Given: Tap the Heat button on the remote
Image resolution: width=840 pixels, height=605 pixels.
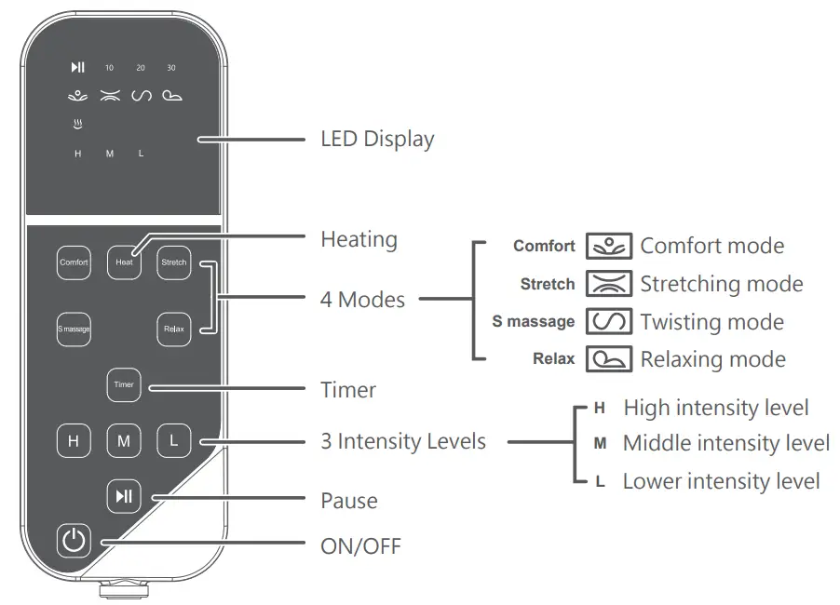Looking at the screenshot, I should pyautogui.click(x=124, y=262).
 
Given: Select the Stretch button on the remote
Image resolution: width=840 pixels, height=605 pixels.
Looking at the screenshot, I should pyautogui.click(x=174, y=262).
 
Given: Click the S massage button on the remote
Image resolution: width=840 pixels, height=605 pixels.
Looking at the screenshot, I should pyautogui.click(x=74, y=329).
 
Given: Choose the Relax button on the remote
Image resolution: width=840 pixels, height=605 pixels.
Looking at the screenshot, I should pyautogui.click(x=174, y=329).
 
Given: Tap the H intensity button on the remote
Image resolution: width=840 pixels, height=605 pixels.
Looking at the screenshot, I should pyautogui.click(x=74, y=441).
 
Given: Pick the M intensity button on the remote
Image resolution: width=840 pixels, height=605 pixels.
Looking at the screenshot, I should pyautogui.click(x=124, y=441).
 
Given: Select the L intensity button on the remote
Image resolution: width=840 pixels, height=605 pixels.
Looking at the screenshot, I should pyautogui.click(x=173, y=441).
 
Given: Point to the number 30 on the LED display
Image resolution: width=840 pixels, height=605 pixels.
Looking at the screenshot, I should pyautogui.click(x=171, y=68).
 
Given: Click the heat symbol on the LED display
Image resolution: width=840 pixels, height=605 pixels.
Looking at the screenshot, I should pyautogui.click(x=77, y=123).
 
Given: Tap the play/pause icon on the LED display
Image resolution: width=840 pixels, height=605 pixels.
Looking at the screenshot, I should pyautogui.click(x=77, y=67).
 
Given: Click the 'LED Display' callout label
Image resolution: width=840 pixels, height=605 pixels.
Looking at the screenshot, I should pyautogui.click(x=377, y=140).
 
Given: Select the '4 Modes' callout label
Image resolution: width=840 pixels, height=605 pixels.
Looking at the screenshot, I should pyautogui.click(x=362, y=300).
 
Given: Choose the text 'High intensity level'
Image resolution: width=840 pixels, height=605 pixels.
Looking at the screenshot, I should pyautogui.click(x=715, y=408).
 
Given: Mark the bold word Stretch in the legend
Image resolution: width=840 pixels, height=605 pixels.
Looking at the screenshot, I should pyautogui.click(x=548, y=284).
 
